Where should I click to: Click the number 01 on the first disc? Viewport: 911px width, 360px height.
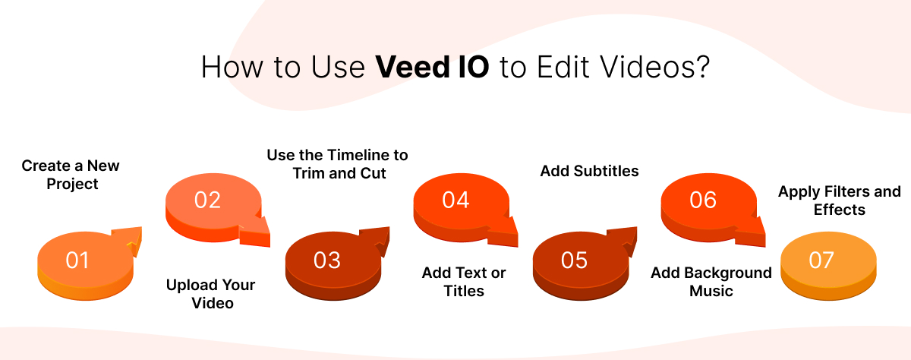coord(77,261)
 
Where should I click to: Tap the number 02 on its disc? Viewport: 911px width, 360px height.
coord(207,200)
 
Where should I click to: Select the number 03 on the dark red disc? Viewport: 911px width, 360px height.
coord(327,261)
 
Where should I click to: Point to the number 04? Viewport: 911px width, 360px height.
coord(455,200)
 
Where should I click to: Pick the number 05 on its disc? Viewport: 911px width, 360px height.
coord(575,261)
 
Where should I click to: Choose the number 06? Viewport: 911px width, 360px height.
coord(703,200)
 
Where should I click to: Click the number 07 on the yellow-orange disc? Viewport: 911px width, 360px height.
coord(821,261)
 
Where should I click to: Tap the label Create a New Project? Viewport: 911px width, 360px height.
coord(71,175)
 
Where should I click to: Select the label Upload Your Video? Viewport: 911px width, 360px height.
coord(211,294)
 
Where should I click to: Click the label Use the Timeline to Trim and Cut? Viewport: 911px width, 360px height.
coord(337,164)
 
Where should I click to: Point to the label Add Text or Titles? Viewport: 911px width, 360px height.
coord(464,282)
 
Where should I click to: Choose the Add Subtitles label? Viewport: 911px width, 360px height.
coord(589,172)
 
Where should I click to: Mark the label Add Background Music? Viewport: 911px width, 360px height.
coord(711,282)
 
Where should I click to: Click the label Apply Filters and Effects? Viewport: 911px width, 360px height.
coord(839,201)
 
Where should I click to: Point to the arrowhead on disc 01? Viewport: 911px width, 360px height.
coord(132,241)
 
